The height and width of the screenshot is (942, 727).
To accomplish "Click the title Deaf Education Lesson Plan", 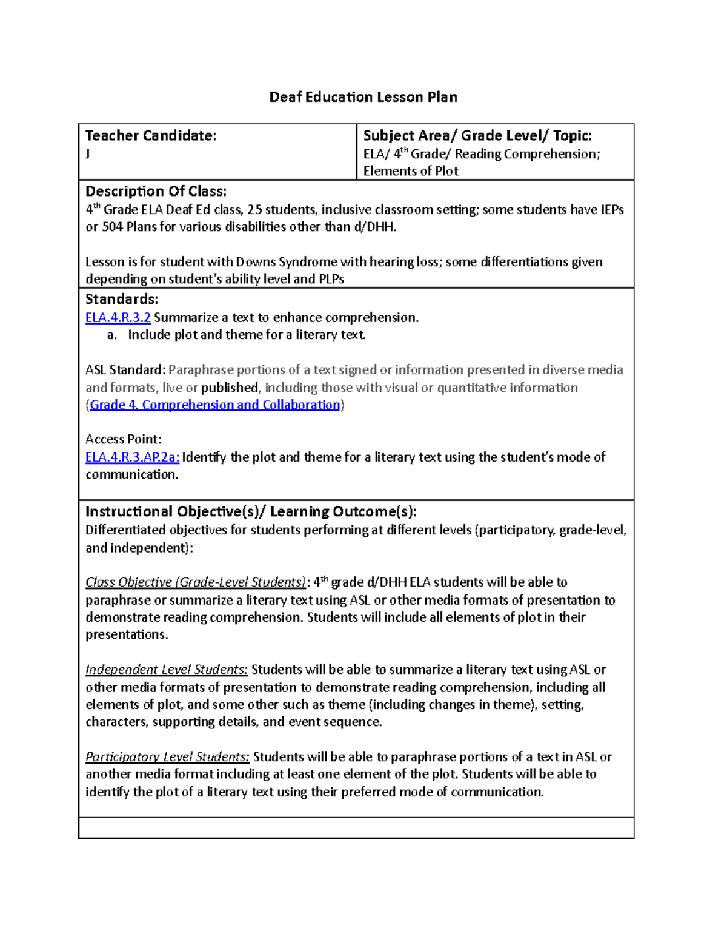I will [363, 97].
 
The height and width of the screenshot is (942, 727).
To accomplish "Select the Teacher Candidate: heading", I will [150, 136].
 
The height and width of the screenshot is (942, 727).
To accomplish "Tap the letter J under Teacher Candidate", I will [88, 153].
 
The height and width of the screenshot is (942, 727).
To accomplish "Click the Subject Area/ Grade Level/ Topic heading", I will [477, 136].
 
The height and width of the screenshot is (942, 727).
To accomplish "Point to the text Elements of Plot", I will [410, 171].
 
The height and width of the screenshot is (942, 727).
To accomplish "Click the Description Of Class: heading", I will [156, 192].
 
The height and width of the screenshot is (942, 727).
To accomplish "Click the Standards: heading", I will [121, 299].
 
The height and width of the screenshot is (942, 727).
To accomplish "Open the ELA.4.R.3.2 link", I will [118, 318].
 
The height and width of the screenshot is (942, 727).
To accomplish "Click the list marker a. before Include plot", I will [111, 335].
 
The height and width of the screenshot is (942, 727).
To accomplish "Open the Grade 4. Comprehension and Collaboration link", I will [214, 405].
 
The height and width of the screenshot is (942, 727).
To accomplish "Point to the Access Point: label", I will [123, 439].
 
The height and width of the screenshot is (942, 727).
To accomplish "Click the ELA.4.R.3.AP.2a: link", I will [132, 457].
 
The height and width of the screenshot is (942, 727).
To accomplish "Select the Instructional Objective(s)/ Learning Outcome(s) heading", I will [251, 511].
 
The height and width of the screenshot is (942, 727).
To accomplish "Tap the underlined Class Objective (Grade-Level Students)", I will [195, 582].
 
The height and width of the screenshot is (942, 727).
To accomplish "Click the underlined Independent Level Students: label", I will [166, 670].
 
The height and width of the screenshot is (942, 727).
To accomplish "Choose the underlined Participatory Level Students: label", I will [167, 757].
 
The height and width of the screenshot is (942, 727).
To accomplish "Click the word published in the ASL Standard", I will [230, 388].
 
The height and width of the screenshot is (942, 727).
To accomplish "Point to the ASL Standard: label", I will [125, 370].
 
